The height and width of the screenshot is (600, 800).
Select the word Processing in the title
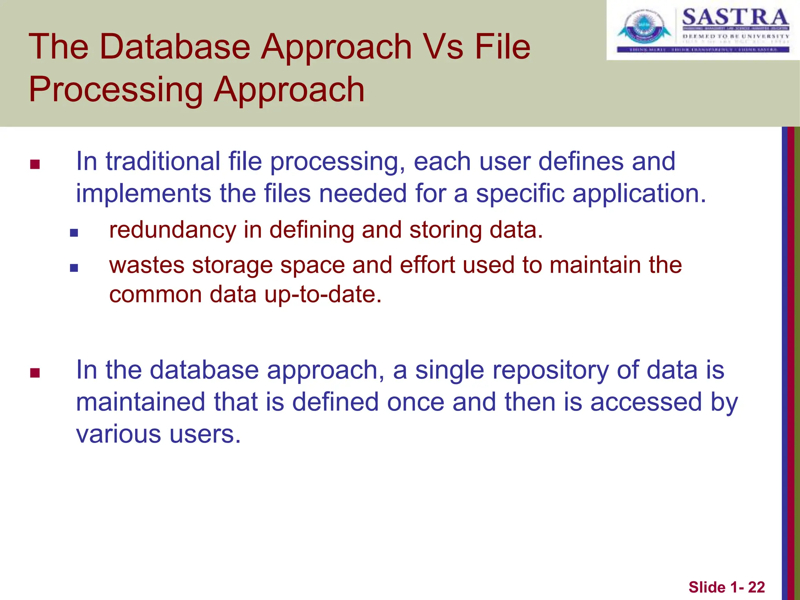click(116, 90)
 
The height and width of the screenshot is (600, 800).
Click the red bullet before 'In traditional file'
click(35, 164)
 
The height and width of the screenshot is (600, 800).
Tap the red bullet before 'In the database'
click(35, 373)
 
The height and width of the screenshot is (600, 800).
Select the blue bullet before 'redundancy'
click(74, 233)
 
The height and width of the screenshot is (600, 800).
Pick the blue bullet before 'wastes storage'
click(74, 268)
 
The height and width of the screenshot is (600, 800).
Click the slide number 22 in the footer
click(756, 587)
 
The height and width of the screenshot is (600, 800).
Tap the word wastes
click(146, 265)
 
